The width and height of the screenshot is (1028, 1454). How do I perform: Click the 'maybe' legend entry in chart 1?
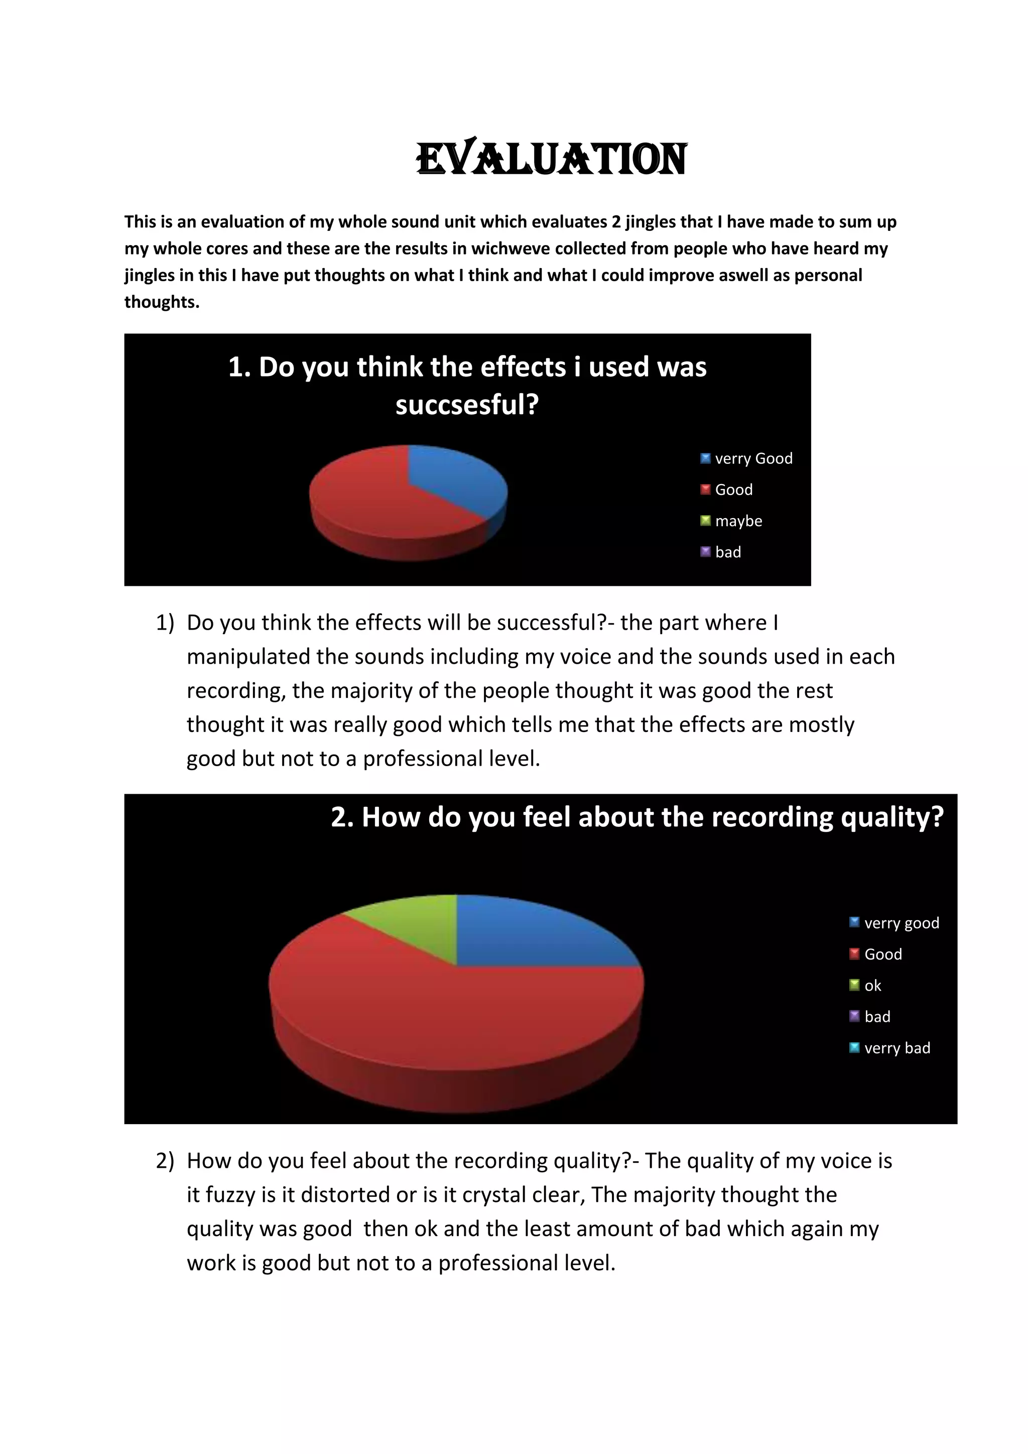click(738, 521)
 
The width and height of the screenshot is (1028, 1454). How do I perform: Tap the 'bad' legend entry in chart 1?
click(727, 552)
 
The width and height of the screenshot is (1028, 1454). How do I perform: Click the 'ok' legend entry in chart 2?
click(872, 986)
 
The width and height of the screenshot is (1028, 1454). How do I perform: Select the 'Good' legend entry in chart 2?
click(883, 954)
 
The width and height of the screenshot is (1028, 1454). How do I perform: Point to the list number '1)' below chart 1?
click(165, 623)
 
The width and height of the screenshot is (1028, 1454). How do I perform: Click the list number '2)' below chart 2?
click(165, 1161)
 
